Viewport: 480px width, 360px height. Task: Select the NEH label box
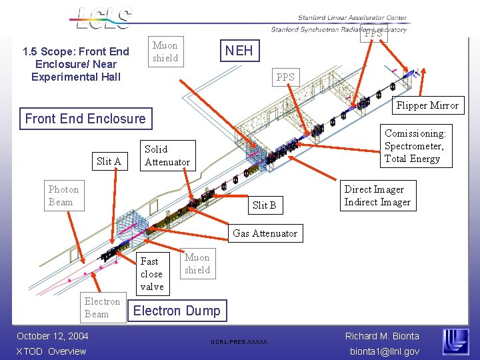(239, 51)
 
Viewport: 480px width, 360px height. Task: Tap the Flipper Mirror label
(427, 105)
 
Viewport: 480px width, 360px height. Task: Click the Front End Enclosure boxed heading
(85, 119)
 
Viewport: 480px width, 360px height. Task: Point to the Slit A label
(109, 161)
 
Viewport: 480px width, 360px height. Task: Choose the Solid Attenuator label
(167, 155)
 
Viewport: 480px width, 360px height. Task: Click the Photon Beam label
(63, 195)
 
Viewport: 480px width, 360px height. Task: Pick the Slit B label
(264, 205)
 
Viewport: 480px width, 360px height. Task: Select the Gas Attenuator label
(265, 233)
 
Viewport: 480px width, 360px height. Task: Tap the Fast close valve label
(152, 273)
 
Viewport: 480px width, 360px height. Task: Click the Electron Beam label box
(102, 308)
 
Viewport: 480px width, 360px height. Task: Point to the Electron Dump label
(177, 311)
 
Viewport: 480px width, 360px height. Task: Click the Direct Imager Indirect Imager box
(377, 195)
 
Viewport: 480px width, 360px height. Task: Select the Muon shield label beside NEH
(165, 52)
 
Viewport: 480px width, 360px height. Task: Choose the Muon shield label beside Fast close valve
(197, 264)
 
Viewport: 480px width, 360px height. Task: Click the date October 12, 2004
(53, 336)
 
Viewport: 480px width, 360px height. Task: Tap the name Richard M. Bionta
(382, 336)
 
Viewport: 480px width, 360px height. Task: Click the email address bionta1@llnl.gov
(383, 351)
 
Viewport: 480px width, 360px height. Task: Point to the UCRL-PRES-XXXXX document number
(239, 342)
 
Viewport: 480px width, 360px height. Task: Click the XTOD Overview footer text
(51, 351)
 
